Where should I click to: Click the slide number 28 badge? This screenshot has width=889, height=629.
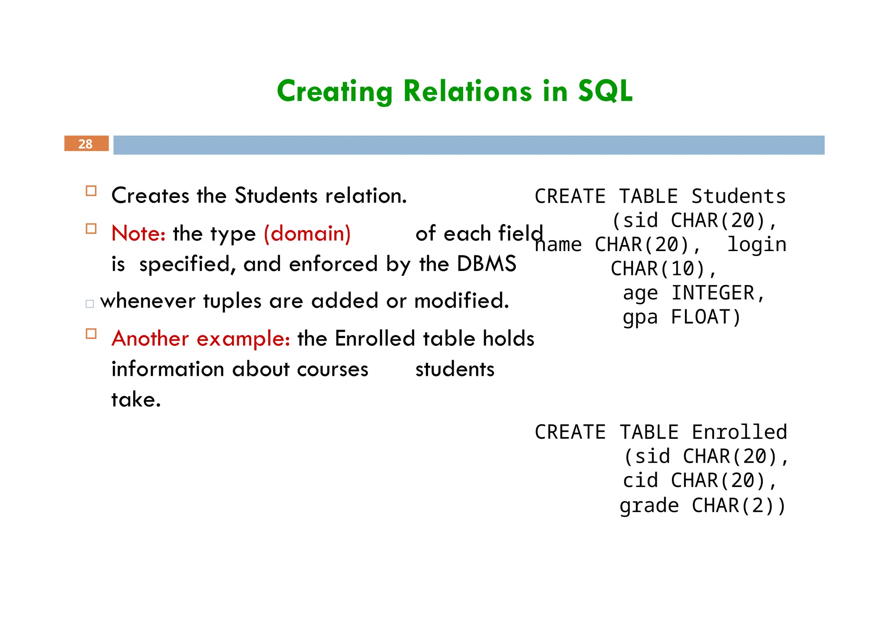point(86,144)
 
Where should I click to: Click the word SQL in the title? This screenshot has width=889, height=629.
point(605,91)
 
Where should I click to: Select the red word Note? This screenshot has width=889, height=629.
point(138,234)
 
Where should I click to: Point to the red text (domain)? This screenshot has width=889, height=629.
point(307,234)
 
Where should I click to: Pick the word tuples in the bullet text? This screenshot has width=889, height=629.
point(232,301)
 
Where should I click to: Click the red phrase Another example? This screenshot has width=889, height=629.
point(201,338)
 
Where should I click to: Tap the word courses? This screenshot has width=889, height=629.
point(333,369)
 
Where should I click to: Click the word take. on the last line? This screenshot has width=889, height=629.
point(136,399)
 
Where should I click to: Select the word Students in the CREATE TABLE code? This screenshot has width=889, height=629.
point(738,196)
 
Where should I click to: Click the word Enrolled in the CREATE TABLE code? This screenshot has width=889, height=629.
point(739,432)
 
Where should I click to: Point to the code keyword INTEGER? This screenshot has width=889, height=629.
point(717,293)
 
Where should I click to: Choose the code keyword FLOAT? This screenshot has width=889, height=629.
point(705,317)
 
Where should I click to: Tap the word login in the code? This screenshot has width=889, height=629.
point(757,245)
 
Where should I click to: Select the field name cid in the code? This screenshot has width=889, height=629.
point(640,480)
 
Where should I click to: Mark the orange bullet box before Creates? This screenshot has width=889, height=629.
point(91,191)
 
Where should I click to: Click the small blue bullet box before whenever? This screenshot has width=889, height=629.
point(90,304)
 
